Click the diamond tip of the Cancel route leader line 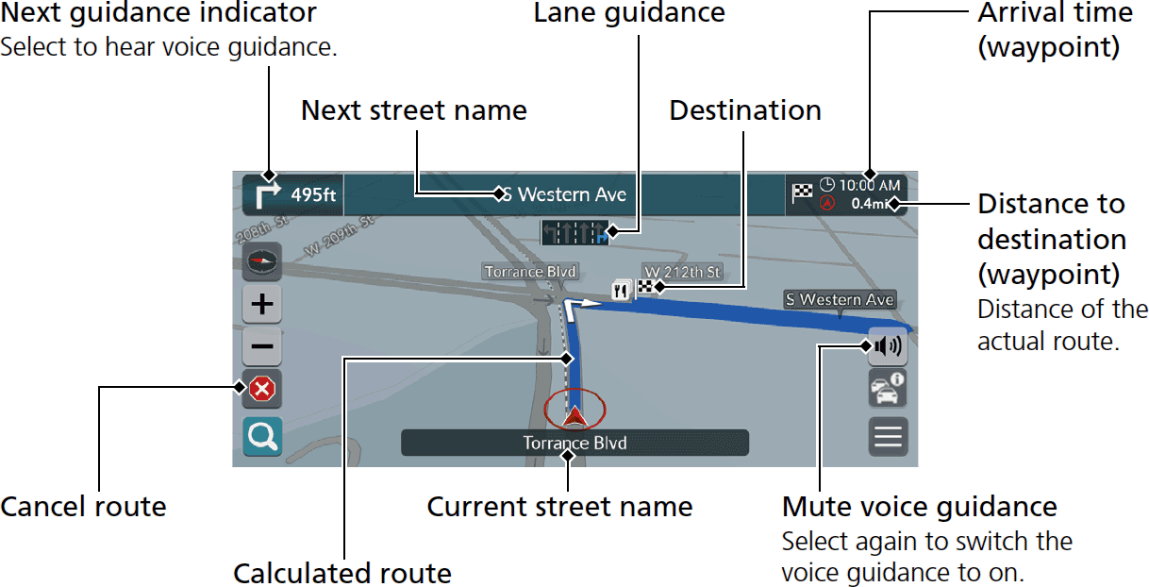pyautogui.click(x=240, y=387)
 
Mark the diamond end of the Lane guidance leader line pyautogui.click(x=612, y=232)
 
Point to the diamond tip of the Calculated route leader pyautogui.click(x=566, y=359)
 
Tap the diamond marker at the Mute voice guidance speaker pyautogui.click(x=866, y=346)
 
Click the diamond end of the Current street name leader pyautogui.click(x=567, y=456)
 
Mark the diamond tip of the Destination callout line pyautogui.click(x=660, y=287)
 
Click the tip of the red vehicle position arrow pyautogui.click(x=574, y=407)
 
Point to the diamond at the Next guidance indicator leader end pyautogui.click(x=269, y=176)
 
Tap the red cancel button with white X pyautogui.click(x=262, y=389)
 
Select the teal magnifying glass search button pyautogui.click(x=262, y=437)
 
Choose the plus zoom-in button pyautogui.click(x=262, y=304)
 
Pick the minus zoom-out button pyautogui.click(x=262, y=346)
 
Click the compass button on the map pyautogui.click(x=262, y=261)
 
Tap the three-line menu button pyautogui.click(x=888, y=437)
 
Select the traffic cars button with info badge pyautogui.click(x=888, y=389)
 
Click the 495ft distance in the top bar pyautogui.click(x=313, y=195)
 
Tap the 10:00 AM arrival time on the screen pyautogui.click(x=870, y=185)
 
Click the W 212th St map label pyautogui.click(x=682, y=272)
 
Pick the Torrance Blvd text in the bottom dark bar pyautogui.click(x=574, y=443)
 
